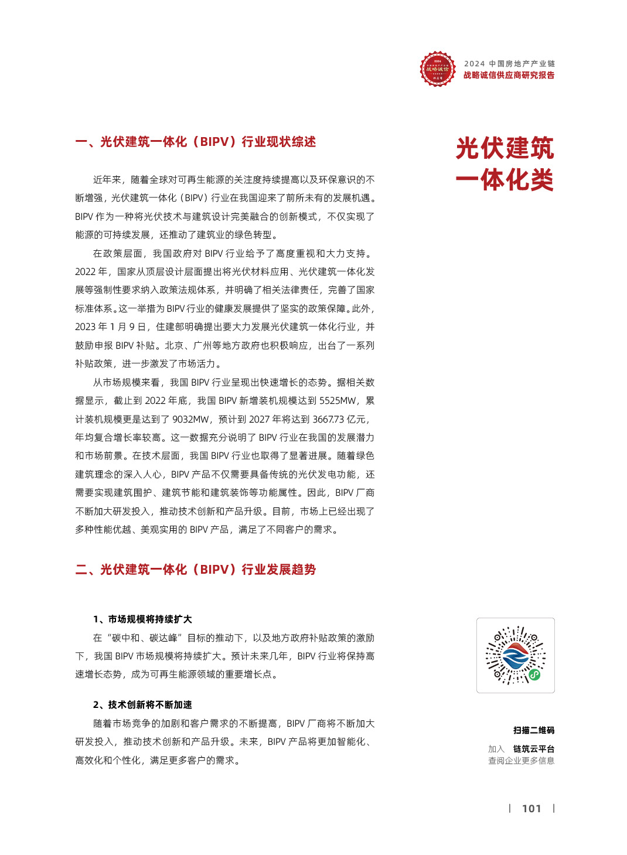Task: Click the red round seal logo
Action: pos(437,69)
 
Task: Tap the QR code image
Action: pos(515,655)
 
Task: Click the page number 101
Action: pos(531,809)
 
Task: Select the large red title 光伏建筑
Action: pos(505,148)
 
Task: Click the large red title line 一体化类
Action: pos(505,180)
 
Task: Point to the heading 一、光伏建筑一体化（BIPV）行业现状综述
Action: pos(196,142)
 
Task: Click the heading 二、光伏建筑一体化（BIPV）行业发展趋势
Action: pos(196,570)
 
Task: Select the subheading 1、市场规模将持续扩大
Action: pos(142,619)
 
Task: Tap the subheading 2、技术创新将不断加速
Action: pos(142,705)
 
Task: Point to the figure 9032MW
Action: pos(190,420)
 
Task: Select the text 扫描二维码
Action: pos(533,730)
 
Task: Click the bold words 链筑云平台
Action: pos(533,749)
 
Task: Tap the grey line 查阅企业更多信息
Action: pos(521,761)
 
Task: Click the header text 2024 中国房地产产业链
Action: pos(509,64)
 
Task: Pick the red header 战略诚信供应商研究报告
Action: pos(509,75)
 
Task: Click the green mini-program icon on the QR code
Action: pos(534,675)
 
